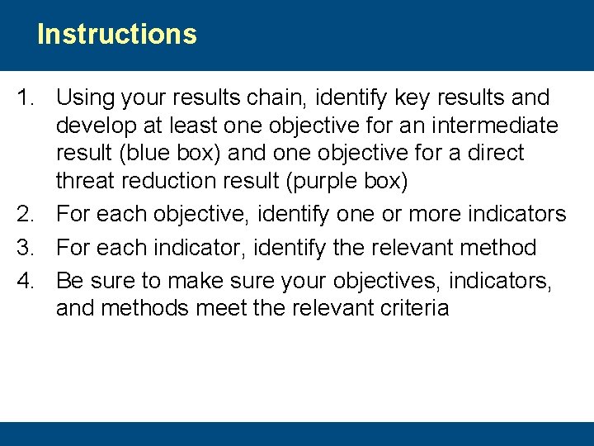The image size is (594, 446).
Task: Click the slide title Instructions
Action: (117, 35)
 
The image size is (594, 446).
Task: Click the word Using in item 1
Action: (85, 97)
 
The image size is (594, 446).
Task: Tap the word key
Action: (412, 97)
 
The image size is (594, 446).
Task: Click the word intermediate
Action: (493, 126)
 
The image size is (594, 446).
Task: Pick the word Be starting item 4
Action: (70, 281)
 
